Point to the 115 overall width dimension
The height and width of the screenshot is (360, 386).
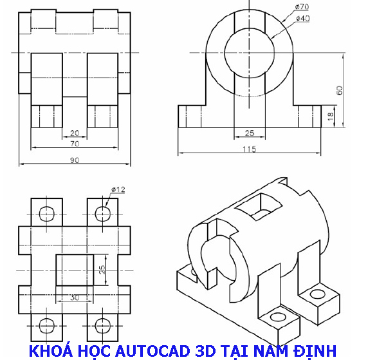tap(249, 149)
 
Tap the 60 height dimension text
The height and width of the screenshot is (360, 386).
tap(340, 90)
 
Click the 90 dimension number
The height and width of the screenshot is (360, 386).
tap(75, 160)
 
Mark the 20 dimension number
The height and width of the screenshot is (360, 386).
tap(75, 133)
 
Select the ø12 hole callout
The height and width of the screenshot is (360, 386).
tap(118, 189)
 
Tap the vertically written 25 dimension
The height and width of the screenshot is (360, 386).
tap(101, 269)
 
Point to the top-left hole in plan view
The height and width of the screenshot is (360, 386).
tap(47, 213)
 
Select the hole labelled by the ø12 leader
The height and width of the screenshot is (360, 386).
tap(102, 213)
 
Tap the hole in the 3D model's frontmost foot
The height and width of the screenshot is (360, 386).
tap(277, 317)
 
